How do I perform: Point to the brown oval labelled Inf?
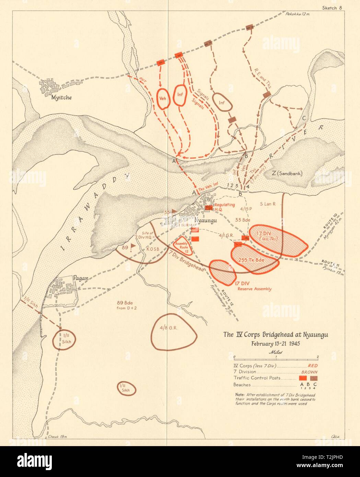click(222, 102)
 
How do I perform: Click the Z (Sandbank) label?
click(287, 173)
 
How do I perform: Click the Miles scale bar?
click(277, 357)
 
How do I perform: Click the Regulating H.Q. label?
click(225, 207)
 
